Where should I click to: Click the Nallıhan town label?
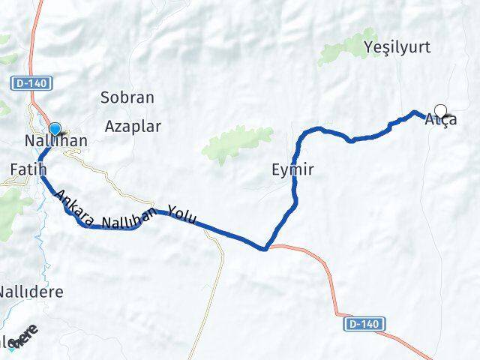(56, 142)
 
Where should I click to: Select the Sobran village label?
(127, 97)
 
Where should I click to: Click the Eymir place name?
(292, 171)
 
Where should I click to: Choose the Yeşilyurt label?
(397, 48)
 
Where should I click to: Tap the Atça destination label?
(440, 120)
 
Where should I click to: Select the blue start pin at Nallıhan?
(55, 130)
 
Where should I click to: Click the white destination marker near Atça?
(440, 111)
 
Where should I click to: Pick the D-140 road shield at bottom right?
(366, 324)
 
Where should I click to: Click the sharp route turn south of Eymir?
(265, 248)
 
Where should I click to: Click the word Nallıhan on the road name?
(128, 220)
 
